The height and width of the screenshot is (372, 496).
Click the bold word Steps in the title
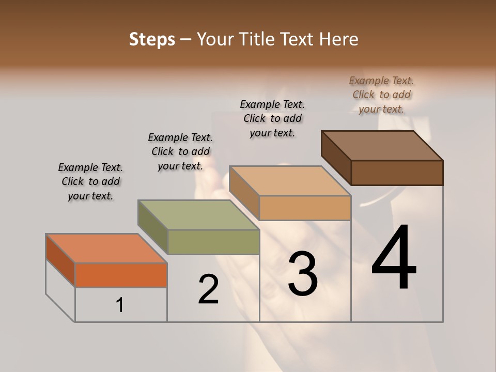[x=152, y=39]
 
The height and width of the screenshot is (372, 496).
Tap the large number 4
[x=394, y=258]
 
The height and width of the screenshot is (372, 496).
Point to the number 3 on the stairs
[x=302, y=274]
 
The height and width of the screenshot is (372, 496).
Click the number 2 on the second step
[x=208, y=289]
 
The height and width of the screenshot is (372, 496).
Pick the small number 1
[x=120, y=305]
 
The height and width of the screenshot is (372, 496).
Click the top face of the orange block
[x=106, y=249]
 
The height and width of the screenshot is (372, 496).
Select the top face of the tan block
[x=289, y=181]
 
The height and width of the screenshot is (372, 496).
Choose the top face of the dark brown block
[x=382, y=145]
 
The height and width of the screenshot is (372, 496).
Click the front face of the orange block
[x=121, y=275]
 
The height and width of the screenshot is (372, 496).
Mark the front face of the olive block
[x=213, y=242]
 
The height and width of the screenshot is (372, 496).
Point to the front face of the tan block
[x=305, y=208]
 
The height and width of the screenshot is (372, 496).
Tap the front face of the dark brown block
[x=397, y=173]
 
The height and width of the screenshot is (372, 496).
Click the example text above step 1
[x=90, y=181]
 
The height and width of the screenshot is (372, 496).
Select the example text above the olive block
[x=180, y=151]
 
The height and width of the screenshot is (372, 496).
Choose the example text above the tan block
[x=272, y=118]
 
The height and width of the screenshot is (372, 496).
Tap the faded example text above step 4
[x=381, y=95]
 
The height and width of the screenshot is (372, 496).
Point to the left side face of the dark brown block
[x=336, y=157]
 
